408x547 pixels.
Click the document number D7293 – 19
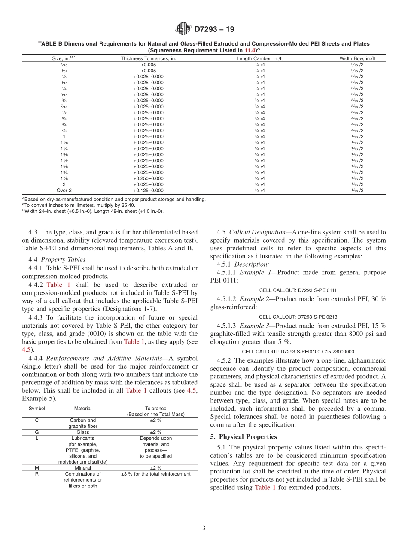[214, 30]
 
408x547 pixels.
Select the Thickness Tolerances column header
[148, 58]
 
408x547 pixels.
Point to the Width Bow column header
[357, 58]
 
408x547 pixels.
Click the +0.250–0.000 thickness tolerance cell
[148, 178]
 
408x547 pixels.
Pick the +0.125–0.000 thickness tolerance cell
[148, 191]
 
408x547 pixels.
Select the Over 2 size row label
[64, 191]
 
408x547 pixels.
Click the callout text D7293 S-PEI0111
[298, 290]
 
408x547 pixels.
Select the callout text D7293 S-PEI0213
[298, 317]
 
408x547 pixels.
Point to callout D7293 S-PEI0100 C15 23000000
[298, 351]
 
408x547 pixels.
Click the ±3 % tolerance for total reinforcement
[155, 474]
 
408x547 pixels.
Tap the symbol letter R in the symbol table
[37, 474]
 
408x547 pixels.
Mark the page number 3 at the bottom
[204, 528]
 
